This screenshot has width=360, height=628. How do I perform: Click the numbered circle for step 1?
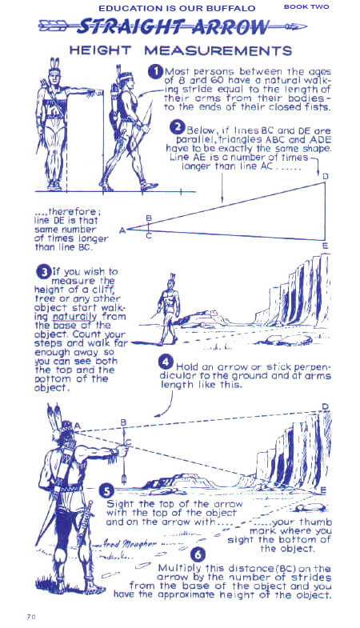(x=154, y=72)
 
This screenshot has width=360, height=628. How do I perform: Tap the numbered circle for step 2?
(x=177, y=127)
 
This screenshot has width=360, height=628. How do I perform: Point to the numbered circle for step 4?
(x=166, y=362)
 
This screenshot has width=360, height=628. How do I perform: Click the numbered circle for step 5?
(x=106, y=490)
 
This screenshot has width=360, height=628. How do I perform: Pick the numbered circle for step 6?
(x=198, y=555)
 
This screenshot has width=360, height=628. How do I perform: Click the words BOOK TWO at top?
(x=306, y=7)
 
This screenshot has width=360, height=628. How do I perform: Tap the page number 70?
(x=31, y=617)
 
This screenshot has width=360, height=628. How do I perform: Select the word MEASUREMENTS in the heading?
(x=218, y=50)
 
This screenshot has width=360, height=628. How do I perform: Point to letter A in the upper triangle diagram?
(x=122, y=230)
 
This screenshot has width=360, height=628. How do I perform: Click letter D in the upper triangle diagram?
(x=325, y=176)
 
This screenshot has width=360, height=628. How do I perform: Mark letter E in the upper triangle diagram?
(x=325, y=246)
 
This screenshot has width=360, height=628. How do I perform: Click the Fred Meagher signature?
(x=121, y=544)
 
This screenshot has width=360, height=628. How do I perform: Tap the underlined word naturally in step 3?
(x=74, y=318)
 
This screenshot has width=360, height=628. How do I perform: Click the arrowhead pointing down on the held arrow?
(x=124, y=479)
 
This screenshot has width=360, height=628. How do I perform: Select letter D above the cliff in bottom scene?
(x=325, y=407)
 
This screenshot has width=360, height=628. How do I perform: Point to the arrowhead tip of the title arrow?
(x=306, y=27)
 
